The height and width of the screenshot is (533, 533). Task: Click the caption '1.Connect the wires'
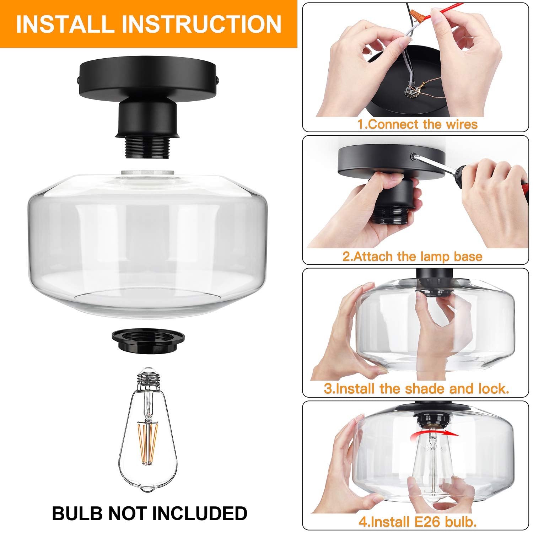[x=417, y=124]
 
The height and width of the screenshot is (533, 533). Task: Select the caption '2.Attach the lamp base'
[x=412, y=257]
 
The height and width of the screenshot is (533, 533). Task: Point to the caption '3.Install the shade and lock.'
[x=416, y=388]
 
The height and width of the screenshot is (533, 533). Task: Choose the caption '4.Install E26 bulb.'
[x=418, y=522]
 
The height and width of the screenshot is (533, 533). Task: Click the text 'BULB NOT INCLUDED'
[x=150, y=513]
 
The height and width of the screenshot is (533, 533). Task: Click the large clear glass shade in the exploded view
[x=147, y=242]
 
